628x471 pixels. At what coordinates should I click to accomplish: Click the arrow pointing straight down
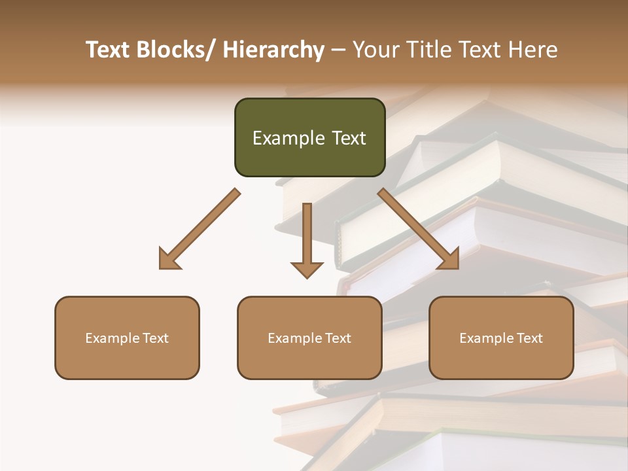(x=307, y=239)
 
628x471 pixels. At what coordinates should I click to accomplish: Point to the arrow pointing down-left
(x=200, y=228)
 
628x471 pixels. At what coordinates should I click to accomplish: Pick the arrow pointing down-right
(x=419, y=228)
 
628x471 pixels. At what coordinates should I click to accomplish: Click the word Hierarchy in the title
(x=273, y=50)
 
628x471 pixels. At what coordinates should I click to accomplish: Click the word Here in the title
(x=534, y=50)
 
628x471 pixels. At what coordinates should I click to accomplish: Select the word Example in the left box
(x=112, y=338)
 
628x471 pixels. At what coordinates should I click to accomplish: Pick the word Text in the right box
(x=529, y=338)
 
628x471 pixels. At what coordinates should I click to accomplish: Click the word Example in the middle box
(x=294, y=338)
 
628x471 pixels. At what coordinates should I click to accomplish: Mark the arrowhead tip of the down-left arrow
(x=160, y=268)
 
